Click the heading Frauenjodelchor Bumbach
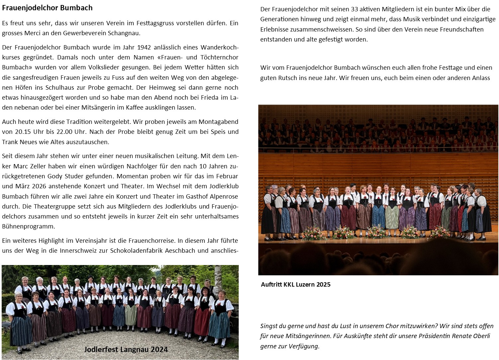[x=47, y=8]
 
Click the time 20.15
[x=24, y=132]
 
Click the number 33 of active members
[x=355, y=9]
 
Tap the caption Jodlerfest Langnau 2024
[x=126, y=349]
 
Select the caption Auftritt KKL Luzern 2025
[x=295, y=284]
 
